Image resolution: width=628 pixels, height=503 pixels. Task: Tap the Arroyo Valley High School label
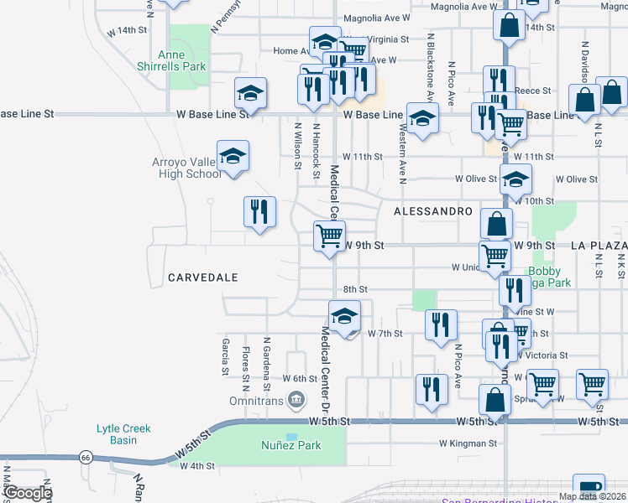point(186,168)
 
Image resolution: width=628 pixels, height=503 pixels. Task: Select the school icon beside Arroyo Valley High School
point(233,156)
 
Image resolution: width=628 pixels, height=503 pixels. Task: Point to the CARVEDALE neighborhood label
point(202,277)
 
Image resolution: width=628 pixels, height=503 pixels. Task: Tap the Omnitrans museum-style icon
point(296,401)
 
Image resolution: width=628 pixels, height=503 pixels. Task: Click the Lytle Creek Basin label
point(123,434)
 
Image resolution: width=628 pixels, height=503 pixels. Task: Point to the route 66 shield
point(86,457)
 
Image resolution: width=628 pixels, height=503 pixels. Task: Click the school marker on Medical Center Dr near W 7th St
point(343,316)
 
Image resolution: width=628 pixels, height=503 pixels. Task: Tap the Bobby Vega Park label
point(550,277)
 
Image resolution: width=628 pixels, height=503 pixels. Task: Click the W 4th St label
point(197,465)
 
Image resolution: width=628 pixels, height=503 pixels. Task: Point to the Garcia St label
point(226,356)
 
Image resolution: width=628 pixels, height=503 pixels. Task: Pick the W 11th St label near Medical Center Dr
point(363,157)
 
